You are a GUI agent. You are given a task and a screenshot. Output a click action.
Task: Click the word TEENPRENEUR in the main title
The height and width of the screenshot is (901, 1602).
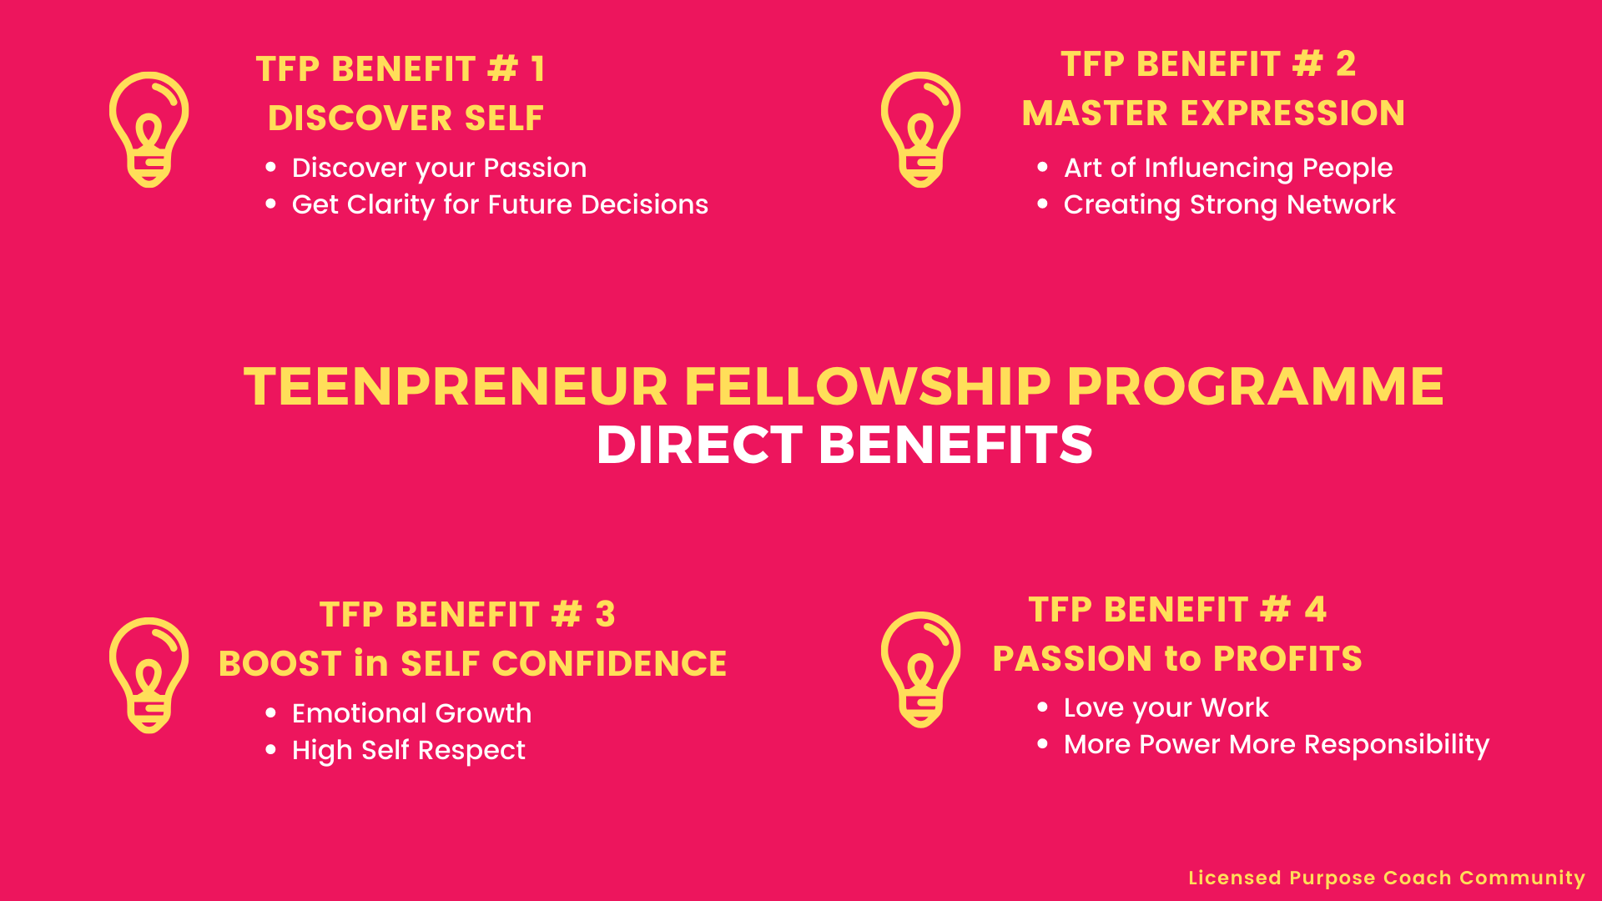[x=456, y=387]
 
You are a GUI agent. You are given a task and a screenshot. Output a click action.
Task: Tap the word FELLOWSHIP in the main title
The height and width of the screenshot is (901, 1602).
[x=867, y=387]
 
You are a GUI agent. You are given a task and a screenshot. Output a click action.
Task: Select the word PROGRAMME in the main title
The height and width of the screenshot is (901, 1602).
[x=1255, y=387]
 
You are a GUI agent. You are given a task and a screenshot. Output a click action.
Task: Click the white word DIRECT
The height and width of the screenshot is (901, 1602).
[x=699, y=445]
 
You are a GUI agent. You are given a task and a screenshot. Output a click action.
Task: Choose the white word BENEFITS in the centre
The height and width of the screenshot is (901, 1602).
[x=955, y=445]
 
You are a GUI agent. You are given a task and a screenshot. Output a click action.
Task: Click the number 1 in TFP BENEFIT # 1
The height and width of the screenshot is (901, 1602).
[x=538, y=68]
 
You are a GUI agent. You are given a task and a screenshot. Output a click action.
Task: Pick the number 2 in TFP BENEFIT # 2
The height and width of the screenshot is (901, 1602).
[x=1346, y=63]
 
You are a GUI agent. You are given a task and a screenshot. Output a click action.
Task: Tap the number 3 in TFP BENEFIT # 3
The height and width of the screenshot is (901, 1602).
[x=606, y=614]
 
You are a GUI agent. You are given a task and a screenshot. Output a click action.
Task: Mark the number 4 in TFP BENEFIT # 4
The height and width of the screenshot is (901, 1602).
[x=1316, y=609]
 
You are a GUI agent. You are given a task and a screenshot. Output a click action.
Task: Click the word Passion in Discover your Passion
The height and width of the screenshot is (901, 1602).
[x=535, y=168]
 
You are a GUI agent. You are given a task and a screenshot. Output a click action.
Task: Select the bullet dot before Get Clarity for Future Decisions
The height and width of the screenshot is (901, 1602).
[x=270, y=204]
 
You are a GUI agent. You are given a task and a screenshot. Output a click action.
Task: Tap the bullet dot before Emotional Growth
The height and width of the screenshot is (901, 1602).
[x=270, y=712]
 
